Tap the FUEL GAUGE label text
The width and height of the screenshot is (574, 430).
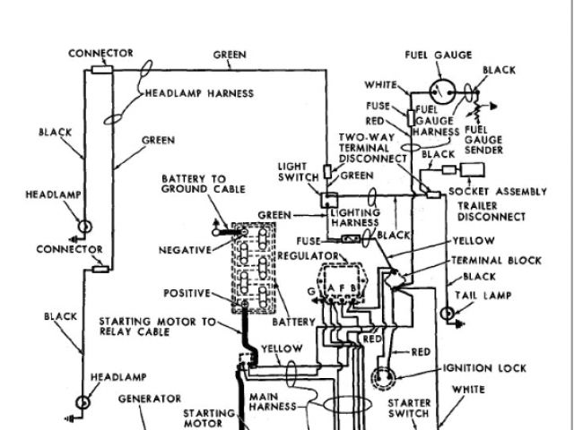[x=439, y=55]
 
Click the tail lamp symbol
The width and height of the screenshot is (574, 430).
[x=448, y=314]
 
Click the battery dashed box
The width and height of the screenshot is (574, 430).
[x=253, y=267]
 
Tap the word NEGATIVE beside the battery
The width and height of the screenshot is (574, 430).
[x=184, y=249]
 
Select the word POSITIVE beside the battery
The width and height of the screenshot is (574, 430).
[x=186, y=293]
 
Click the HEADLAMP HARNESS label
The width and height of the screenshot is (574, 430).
[x=200, y=93]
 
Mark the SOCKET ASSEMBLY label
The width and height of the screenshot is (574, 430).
[x=497, y=192]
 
